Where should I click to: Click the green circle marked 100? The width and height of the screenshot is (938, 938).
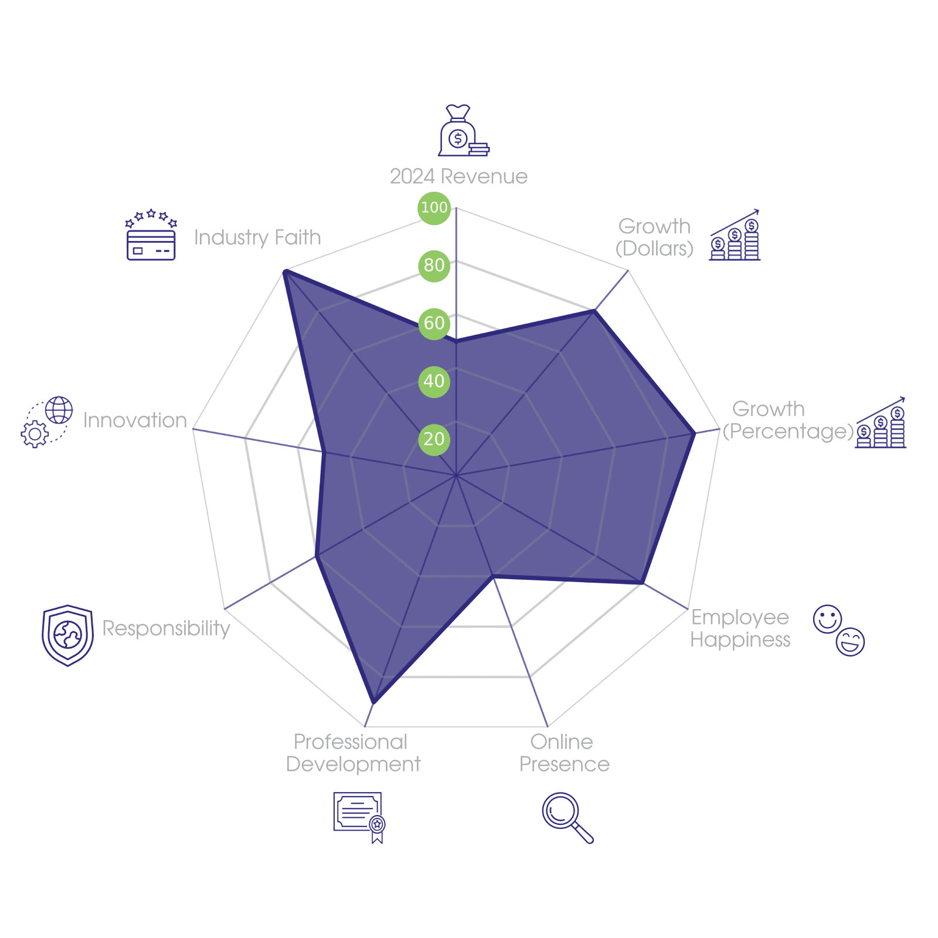click(434, 208)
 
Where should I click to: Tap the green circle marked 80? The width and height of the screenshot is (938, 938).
click(434, 266)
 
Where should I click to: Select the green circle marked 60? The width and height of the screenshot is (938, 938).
click(434, 323)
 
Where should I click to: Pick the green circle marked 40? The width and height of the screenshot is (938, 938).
click(434, 381)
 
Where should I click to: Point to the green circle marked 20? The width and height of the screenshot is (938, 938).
click(434, 439)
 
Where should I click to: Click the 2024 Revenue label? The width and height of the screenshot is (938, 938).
click(458, 176)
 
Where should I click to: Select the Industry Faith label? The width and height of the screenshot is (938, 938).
click(257, 237)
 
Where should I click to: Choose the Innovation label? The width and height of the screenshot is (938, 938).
click(135, 420)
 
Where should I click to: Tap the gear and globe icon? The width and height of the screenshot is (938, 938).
click(47, 422)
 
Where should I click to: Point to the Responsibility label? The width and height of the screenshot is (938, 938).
click(166, 628)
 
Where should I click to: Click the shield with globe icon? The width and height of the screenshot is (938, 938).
click(67, 635)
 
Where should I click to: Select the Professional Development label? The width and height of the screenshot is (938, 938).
click(353, 753)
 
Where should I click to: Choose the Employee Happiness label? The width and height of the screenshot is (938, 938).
click(740, 628)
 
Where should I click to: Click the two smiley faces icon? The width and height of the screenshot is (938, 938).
click(839, 630)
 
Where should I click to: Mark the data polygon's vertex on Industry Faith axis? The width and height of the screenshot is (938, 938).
click(284, 270)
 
